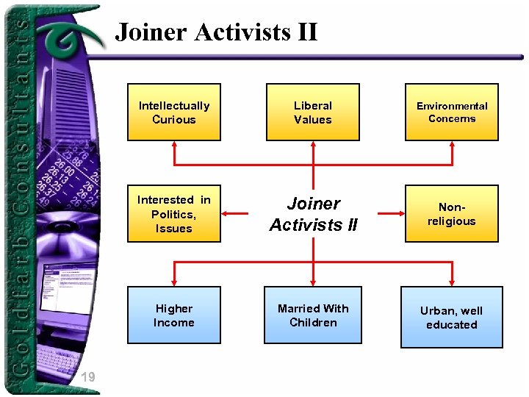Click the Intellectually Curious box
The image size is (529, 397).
(174, 112)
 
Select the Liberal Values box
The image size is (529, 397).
(313, 112)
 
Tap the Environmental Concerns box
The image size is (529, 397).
(452, 112)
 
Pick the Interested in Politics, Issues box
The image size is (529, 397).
(174, 214)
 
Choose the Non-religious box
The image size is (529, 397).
(452, 214)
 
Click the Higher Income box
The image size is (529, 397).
(174, 315)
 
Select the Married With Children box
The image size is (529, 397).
(313, 315)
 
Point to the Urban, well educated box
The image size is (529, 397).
(452, 317)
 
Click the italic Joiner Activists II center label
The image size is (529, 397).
(313, 214)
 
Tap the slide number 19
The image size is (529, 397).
(88, 377)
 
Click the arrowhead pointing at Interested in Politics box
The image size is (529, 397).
(226, 214)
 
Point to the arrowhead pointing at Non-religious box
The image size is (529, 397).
(400, 214)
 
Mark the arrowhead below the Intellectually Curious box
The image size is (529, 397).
(174, 145)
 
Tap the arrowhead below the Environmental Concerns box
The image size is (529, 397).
(452, 145)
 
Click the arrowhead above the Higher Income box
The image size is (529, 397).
(174, 282)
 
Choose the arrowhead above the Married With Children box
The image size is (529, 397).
(313, 282)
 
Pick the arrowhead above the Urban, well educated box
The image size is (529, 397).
(452, 282)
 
